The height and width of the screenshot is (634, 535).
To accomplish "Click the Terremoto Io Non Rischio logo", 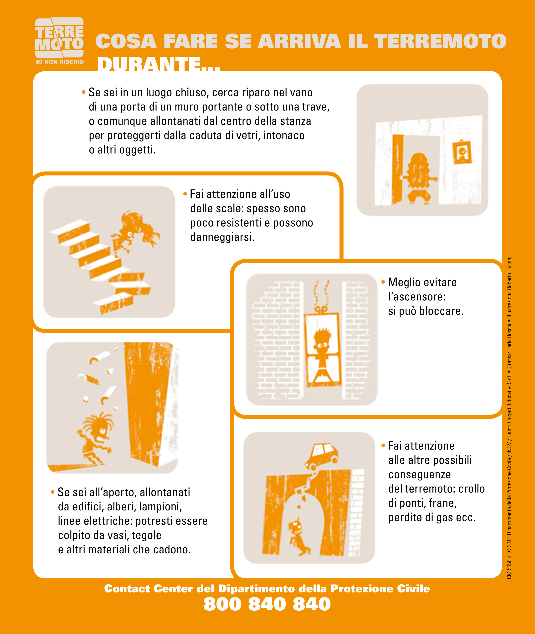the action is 59,41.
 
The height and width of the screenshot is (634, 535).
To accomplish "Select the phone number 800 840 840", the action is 267,604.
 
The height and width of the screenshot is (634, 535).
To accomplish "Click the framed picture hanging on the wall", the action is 462,152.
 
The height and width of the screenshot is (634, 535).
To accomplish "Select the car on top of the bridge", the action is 321,456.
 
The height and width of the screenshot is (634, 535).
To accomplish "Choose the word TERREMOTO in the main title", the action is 440,41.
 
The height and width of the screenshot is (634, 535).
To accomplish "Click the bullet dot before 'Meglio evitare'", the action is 383,282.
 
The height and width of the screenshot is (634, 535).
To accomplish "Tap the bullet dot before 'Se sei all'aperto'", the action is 53,492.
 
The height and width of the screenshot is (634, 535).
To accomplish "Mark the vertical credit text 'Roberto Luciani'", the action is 509,272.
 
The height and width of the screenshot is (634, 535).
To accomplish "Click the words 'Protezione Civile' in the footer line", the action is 380,588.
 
